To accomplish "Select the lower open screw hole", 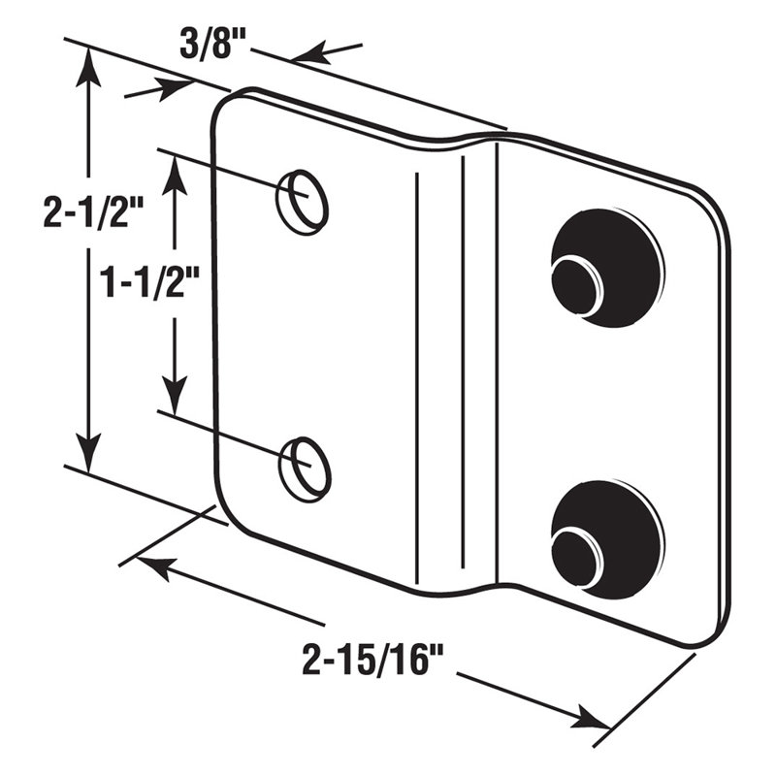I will [x=305, y=469].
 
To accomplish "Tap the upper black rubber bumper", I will [x=606, y=267].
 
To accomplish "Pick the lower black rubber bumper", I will [x=606, y=538].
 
